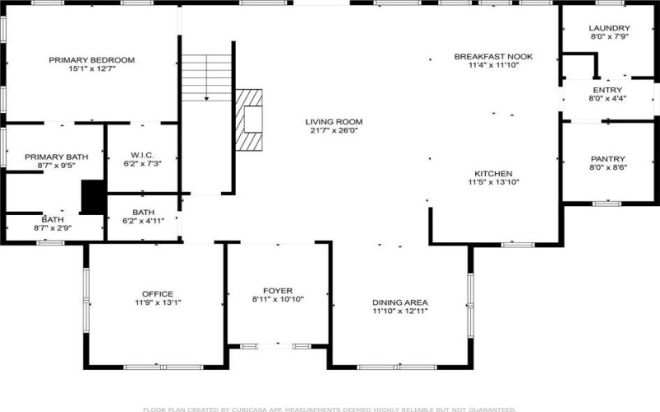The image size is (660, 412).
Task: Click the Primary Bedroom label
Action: coord(92,60)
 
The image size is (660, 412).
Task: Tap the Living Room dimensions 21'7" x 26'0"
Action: coord(336,130)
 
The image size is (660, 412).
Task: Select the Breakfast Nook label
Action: coord(493,56)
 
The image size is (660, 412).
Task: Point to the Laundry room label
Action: coord(610,28)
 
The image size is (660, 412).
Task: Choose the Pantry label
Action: coord(609,159)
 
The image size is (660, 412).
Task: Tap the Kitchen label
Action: coord(493,173)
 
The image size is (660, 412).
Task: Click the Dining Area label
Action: coord(399,302)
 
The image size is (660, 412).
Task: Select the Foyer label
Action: coord(278,291)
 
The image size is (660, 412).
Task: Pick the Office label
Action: coord(157,294)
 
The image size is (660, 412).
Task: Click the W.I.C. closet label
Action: coord(142,154)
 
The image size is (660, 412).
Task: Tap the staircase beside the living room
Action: coord(206,78)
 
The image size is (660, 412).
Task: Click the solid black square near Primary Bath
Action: coord(92,198)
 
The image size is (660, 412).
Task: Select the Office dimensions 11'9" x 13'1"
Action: coord(157,302)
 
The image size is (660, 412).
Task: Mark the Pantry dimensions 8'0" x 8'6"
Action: coord(609,168)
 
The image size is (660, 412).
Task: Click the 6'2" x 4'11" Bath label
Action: coord(142,216)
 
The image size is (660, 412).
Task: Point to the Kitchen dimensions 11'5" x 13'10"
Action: coord(493,182)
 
